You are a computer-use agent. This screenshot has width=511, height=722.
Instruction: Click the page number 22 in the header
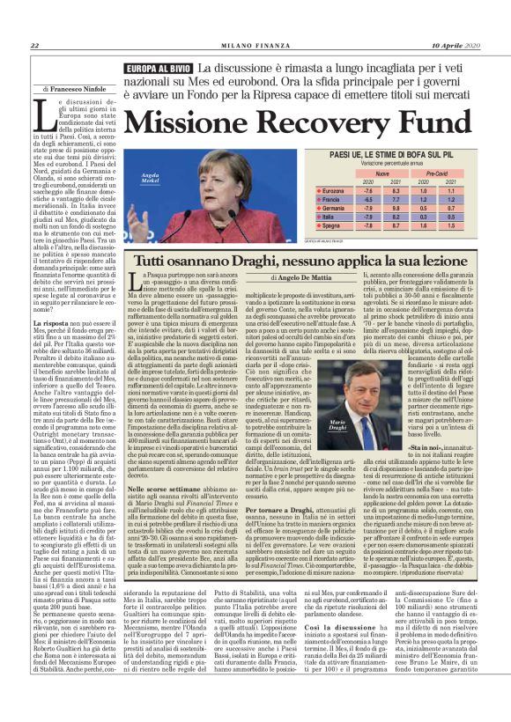pos(33,46)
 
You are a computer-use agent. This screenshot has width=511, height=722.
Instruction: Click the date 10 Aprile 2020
pos(454,46)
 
